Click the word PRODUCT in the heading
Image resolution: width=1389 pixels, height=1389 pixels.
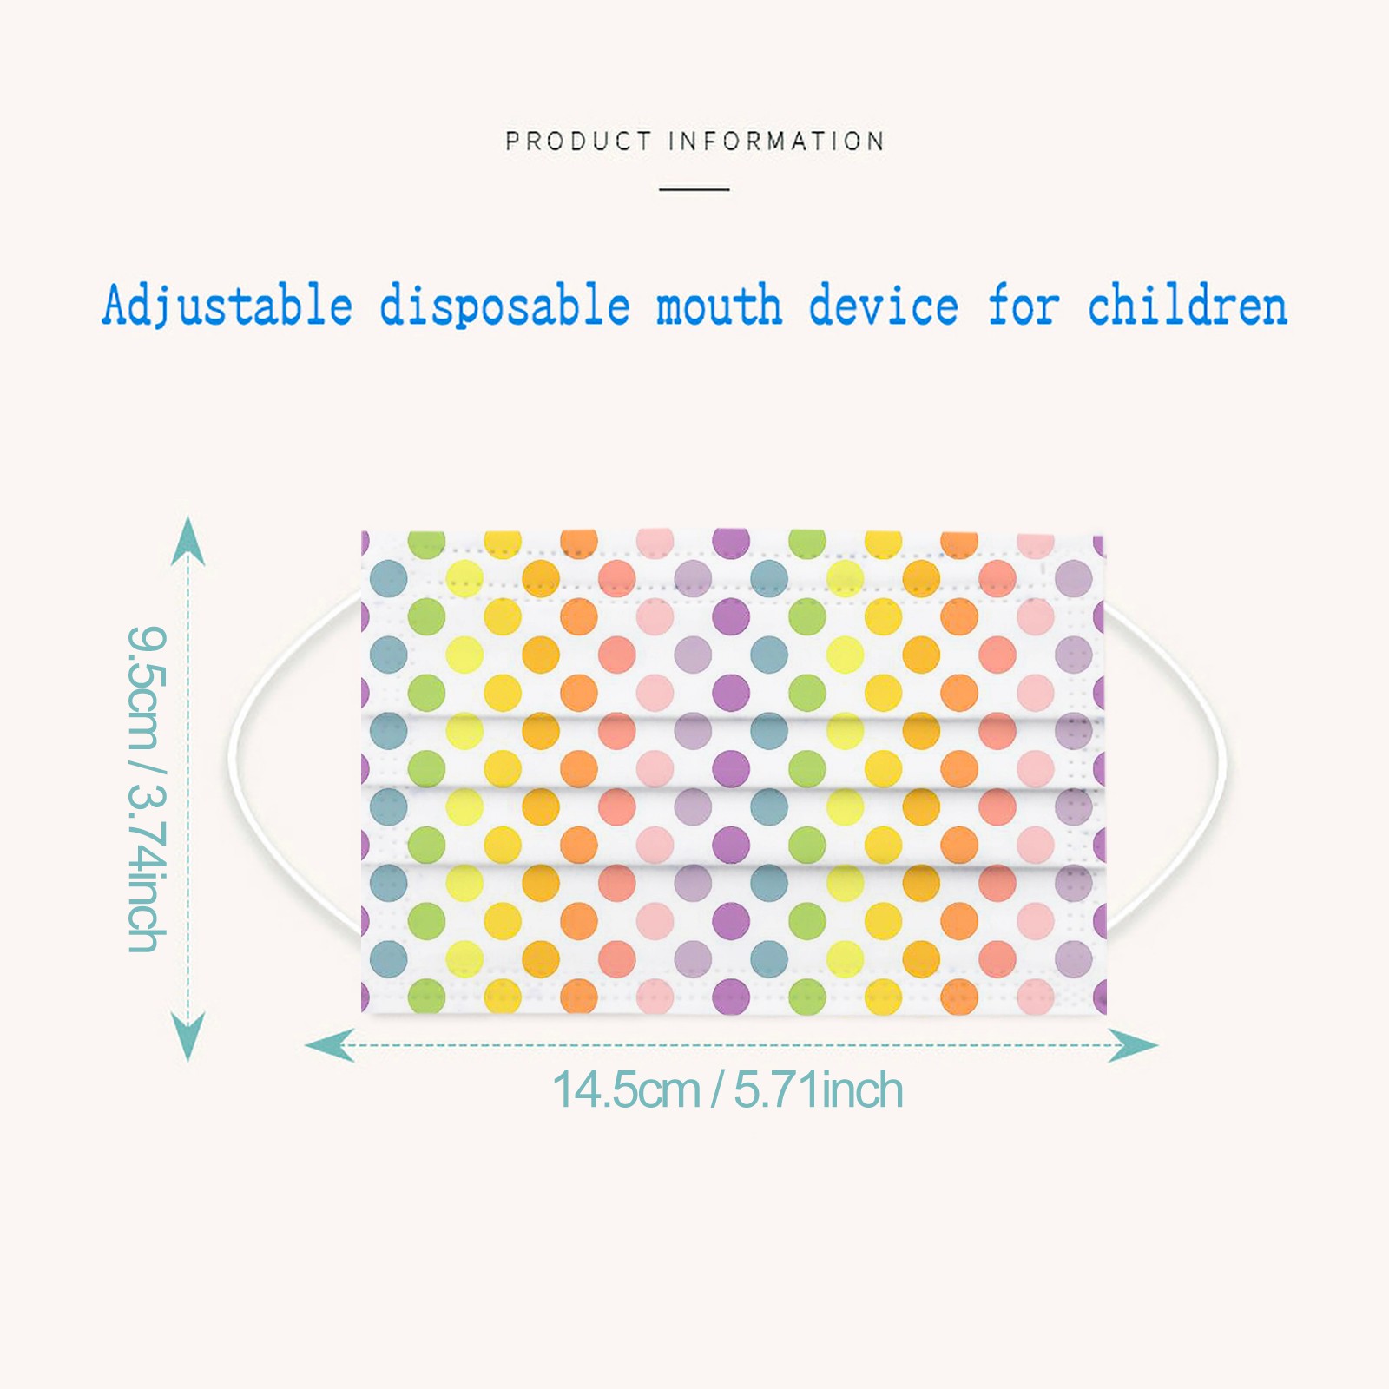[578, 141]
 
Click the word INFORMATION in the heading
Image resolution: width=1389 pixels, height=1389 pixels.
[777, 141]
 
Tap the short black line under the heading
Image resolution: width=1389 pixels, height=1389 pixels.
[694, 188]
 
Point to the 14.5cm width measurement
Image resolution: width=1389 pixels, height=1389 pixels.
[626, 1089]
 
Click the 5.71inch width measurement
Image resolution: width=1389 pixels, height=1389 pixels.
[819, 1089]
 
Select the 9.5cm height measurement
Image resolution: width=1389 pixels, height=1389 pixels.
[144, 687]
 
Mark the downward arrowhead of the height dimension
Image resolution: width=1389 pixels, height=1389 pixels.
[188, 1037]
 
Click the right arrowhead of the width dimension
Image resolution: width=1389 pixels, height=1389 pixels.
[1134, 1044]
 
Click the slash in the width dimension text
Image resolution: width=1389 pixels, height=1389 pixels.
[717, 1089]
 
